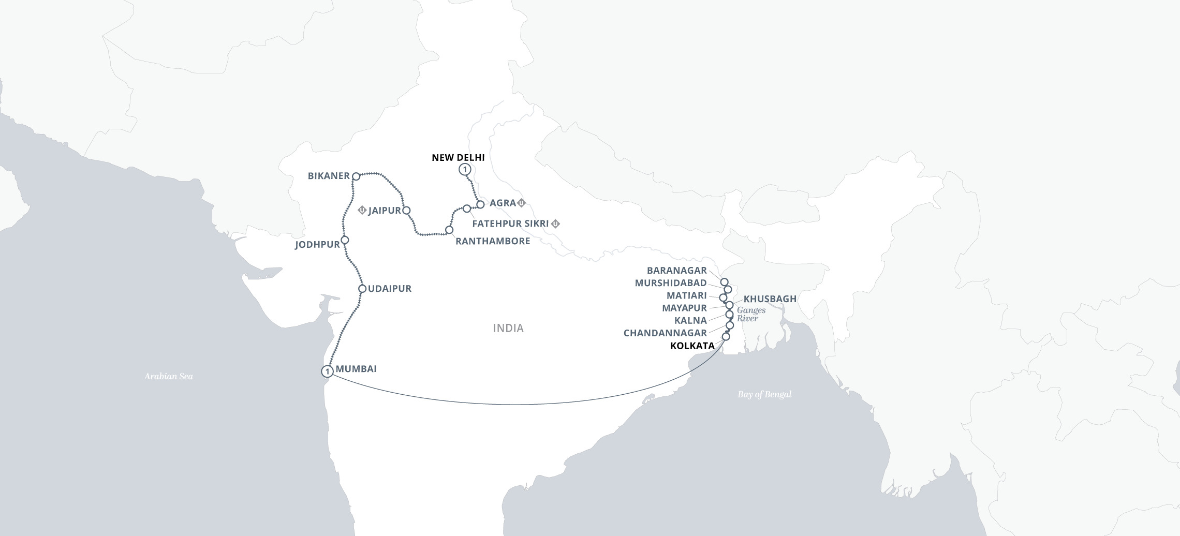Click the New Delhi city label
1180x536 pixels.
(x=458, y=157)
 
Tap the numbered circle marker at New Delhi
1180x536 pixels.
(x=465, y=169)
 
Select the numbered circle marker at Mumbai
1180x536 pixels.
(x=327, y=371)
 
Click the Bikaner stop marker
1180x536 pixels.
(x=356, y=176)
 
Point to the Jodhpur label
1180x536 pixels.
(x=317, y=245)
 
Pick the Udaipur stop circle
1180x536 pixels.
(x=362, y=289)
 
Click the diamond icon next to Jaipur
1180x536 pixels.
(x=362, y=210)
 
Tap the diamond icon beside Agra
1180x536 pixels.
(x=522, y=203)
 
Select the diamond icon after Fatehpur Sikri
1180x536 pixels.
(x=555, y=224)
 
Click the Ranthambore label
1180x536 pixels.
(x=493, y=241)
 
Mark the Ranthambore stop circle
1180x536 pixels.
(x=449, y=230)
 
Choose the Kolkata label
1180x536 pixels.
(x=692, y=346)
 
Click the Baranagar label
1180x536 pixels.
(x=676, y=271)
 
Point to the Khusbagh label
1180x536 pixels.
(x=770, y=299)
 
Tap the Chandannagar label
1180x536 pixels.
(x=665, y=333)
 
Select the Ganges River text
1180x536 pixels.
(x=750, y=314)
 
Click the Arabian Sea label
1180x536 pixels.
(x=168, y=377)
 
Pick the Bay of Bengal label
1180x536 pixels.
(x=764, y=394)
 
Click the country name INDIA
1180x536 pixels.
(x=508, y=328)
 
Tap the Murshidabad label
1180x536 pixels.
(x=671, y=283)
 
